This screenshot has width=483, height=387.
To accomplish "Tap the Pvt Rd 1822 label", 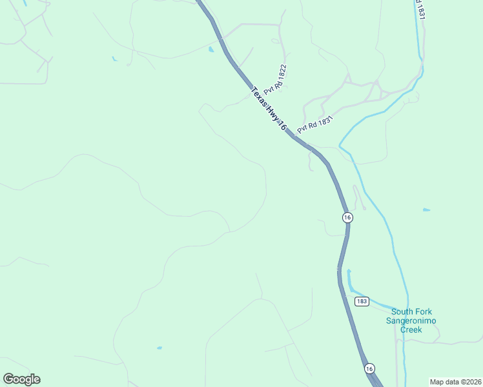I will pos(275,80).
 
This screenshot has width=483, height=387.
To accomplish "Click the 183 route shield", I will pos(362,301).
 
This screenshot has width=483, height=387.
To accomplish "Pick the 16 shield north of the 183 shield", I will pos(347,217).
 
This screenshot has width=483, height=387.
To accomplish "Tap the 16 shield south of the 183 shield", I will pos(369,368).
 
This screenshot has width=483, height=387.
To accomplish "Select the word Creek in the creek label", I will pos(411,330).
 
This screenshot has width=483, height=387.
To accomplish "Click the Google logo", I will pos(21,379).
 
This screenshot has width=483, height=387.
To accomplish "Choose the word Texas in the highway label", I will pos(258,95).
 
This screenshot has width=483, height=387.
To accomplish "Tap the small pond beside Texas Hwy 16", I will pos(211,49).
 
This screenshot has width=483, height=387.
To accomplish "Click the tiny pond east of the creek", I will pos(426,210).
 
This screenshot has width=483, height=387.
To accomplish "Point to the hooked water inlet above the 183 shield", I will pos(349,279).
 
